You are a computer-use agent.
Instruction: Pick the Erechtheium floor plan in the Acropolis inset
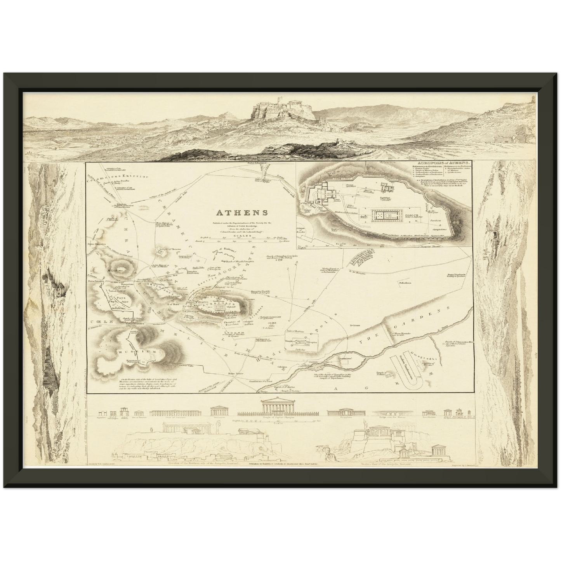386,189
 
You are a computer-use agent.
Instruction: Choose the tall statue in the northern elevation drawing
150,427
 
